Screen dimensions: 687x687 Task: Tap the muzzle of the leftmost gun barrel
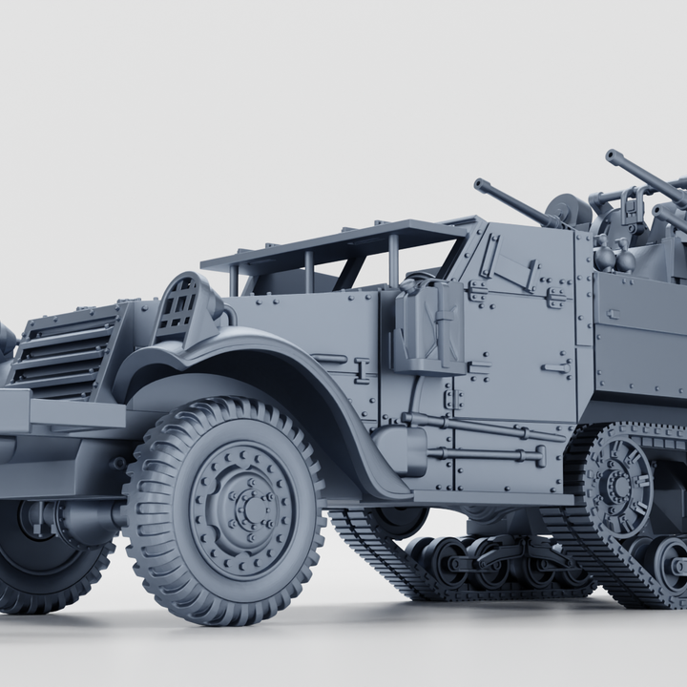[x=478, y=182]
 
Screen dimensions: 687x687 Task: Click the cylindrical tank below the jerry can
[x=401, y=448]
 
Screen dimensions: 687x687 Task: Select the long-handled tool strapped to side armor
[x=477, y=426]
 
